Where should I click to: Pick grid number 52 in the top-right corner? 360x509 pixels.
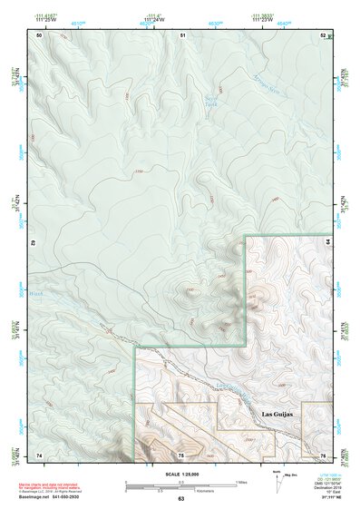click(x=324, y=34)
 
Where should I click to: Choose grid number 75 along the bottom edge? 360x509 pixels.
click(x=181, y=454)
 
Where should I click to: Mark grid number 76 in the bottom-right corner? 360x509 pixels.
click(x=323, y=454)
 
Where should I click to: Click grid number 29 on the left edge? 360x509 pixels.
click(x=34, y=245)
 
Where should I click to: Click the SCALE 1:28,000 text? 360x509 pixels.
click(x=180, y=475)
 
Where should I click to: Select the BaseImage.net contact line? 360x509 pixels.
click(x=56, y=497)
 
